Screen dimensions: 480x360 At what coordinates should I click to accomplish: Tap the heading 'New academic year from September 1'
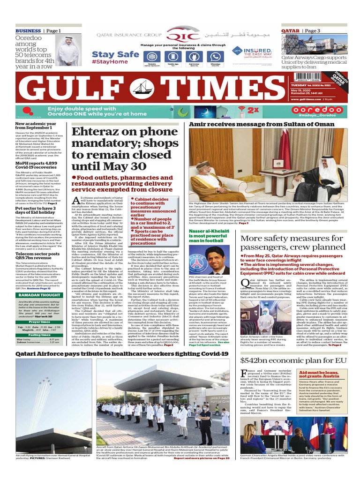click(x=37, y=127)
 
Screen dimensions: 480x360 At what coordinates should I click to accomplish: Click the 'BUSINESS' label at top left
click(x=27, y=31)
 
